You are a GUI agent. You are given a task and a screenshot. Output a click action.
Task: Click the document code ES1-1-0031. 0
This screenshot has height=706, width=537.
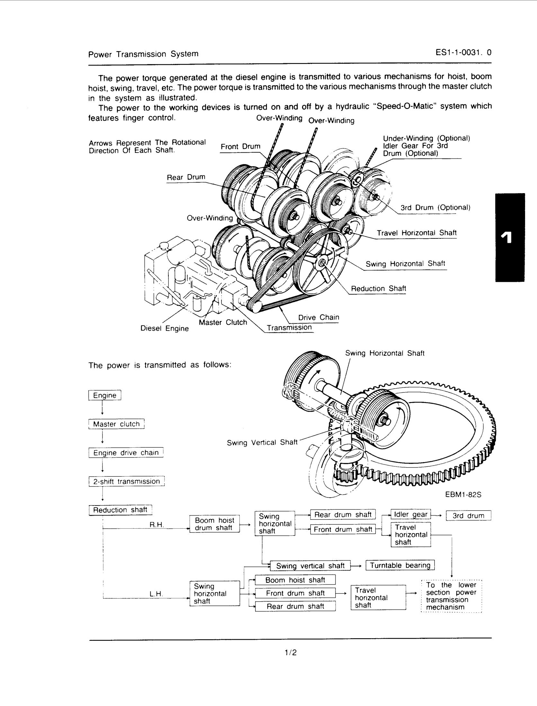tap(463, 53)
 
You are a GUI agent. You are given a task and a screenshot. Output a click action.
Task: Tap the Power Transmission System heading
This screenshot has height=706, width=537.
tap(143, 54)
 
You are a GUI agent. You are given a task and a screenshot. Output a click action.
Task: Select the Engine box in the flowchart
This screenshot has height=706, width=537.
tap(104, 395)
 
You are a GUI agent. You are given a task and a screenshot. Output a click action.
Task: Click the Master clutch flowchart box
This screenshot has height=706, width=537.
tap(116, 424)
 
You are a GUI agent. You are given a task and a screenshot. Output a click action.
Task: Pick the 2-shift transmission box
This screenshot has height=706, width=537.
tap(126, 481)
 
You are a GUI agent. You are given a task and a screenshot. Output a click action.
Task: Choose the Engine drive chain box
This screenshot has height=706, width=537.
tap(126, 453)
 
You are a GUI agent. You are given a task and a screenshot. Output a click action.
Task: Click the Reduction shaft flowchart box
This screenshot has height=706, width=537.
tap(120, 510)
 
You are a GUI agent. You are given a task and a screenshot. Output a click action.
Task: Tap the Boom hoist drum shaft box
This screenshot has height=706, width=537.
tap(214, 524)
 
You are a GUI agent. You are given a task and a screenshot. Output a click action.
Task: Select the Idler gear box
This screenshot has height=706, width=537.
tap(410, 514)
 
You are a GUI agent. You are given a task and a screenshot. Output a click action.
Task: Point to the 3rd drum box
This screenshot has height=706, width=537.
tap(468, 515)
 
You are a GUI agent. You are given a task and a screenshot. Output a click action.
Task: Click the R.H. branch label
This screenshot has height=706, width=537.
tap(157, 525)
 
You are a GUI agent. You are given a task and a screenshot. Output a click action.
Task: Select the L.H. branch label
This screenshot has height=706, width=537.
tap(157, 594)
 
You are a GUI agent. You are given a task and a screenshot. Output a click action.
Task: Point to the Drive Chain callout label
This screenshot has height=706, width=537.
tap(318, 317)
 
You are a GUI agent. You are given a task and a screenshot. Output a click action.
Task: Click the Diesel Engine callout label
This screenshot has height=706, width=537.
tap(165, 328)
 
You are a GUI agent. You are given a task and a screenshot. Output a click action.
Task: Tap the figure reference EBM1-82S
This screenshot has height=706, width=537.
tap(463, 495)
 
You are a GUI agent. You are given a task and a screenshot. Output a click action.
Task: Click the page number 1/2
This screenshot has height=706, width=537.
tap(290, 652)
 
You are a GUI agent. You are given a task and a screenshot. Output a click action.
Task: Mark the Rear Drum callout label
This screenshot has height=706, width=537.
tap(186, 177)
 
